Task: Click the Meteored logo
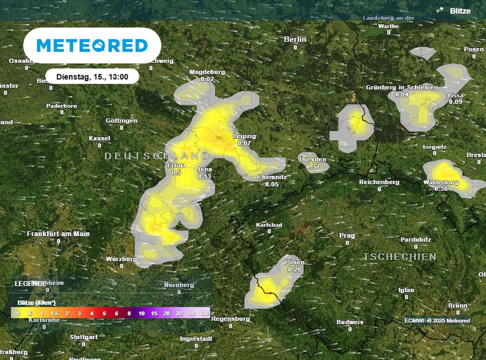point(92,46)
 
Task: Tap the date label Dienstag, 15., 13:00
point(92,76)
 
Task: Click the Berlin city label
point(295,39)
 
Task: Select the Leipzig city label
point(244,136)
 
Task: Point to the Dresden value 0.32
point(313,167)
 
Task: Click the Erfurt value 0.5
point(176,173)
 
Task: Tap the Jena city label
point(204,170)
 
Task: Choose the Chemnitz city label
point(272,177)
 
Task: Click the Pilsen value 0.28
point(295,270)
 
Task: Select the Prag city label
point(347,236)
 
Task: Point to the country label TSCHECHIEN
point(400,257)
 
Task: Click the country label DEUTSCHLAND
point(156,156)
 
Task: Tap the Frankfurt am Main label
point(58,234)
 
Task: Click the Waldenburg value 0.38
point(441,189)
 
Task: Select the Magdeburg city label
point(207,72)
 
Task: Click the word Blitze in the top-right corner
point(460,11)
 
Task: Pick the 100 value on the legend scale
point(205,314)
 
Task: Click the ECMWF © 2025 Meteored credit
point(437,321)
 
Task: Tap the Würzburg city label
point(121,259)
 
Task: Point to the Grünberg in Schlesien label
point(402,87)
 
